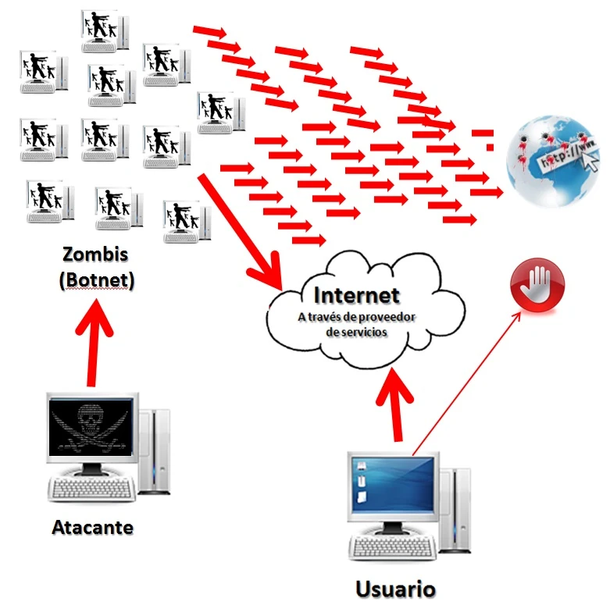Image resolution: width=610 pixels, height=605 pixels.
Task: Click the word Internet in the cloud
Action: point(356,295)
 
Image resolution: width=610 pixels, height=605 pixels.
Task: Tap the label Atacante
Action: point(92,527)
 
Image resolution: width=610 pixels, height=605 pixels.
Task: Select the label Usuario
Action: point(394,588)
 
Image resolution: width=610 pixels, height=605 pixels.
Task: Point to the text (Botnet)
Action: point(96,279)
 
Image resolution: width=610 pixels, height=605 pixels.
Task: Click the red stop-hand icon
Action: point(535,285)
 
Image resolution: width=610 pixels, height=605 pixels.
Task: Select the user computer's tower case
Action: point(456,507)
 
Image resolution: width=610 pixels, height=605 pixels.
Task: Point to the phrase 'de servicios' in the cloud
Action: point(356,331)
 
